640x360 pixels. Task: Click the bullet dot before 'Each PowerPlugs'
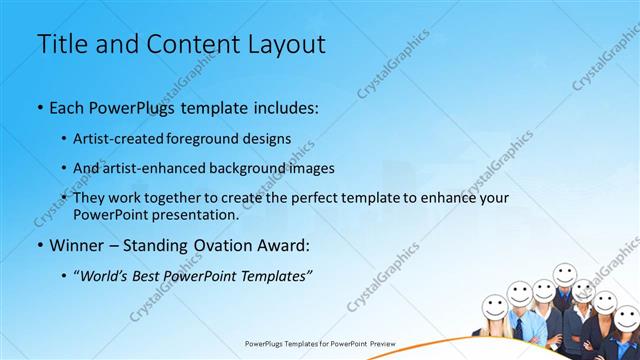39,107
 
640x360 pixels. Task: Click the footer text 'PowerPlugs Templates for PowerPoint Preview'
320,343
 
